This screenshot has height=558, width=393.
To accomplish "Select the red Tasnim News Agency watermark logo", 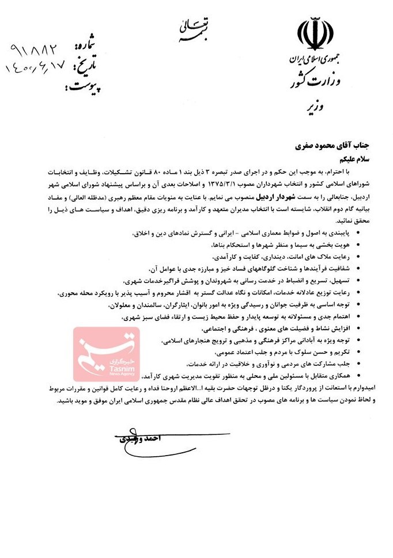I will (106, 353).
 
